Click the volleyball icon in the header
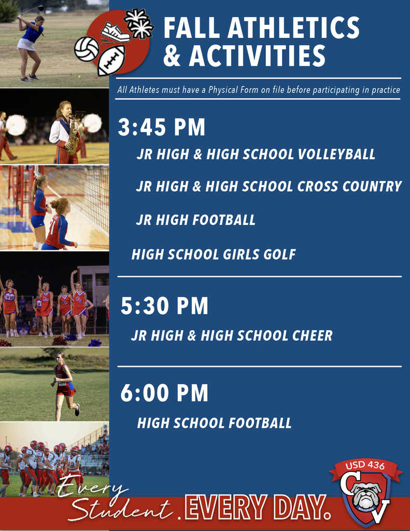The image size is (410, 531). (x=87, y=49)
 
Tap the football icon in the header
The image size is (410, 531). (x=111, y=61)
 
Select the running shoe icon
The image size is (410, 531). (x=115, y=33)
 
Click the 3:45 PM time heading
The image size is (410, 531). (x=162, y=128)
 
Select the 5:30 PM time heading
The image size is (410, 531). (x=164, y=306)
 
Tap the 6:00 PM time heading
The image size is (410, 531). (x=164, y=394)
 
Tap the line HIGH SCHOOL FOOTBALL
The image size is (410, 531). (x=214, y=423)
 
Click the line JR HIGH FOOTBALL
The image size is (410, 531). (x=195, y=220)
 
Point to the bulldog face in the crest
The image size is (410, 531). (x=367, y=495)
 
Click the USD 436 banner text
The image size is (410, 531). (x=365, y=466)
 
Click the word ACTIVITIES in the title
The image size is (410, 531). (x=244, y=56)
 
